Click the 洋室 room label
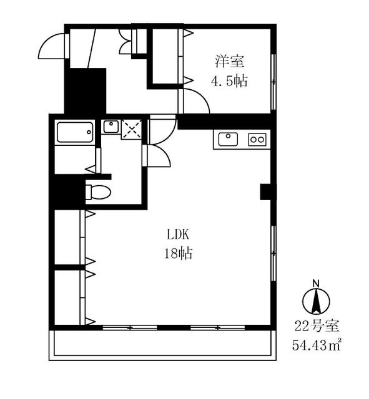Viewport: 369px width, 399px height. [230, 61]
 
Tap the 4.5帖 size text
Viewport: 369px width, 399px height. [229, 81]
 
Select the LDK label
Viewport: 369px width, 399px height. [178, 234]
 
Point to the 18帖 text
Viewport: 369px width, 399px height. [178, 254]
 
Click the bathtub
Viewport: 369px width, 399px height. [75, 132]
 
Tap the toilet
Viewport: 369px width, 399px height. [98, 192]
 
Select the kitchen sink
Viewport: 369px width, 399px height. [228, 139]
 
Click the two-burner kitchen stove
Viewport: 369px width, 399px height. [257, 140]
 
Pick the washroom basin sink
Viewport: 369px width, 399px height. [111, 127]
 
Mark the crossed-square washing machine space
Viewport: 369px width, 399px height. [132, 130]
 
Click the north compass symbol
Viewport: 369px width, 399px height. [317, 301]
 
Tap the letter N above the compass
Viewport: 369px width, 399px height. [316, 283]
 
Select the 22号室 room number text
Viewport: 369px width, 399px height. [317, 326]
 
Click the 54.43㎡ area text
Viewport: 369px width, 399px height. [316, 345]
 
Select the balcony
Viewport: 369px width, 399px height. [162, 345]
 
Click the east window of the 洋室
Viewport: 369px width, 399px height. [273, 82]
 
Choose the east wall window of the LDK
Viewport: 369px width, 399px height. [273, 254]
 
